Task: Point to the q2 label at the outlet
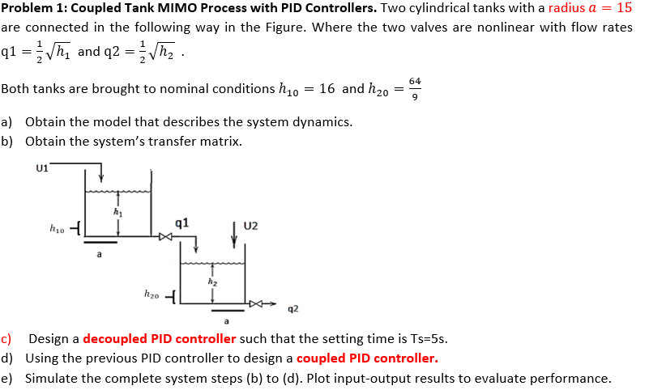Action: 292,308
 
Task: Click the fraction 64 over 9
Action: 415,87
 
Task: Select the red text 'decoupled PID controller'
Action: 159,339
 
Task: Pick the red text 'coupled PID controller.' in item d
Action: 367,358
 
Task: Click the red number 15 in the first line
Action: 624,8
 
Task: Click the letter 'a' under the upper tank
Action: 99,255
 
